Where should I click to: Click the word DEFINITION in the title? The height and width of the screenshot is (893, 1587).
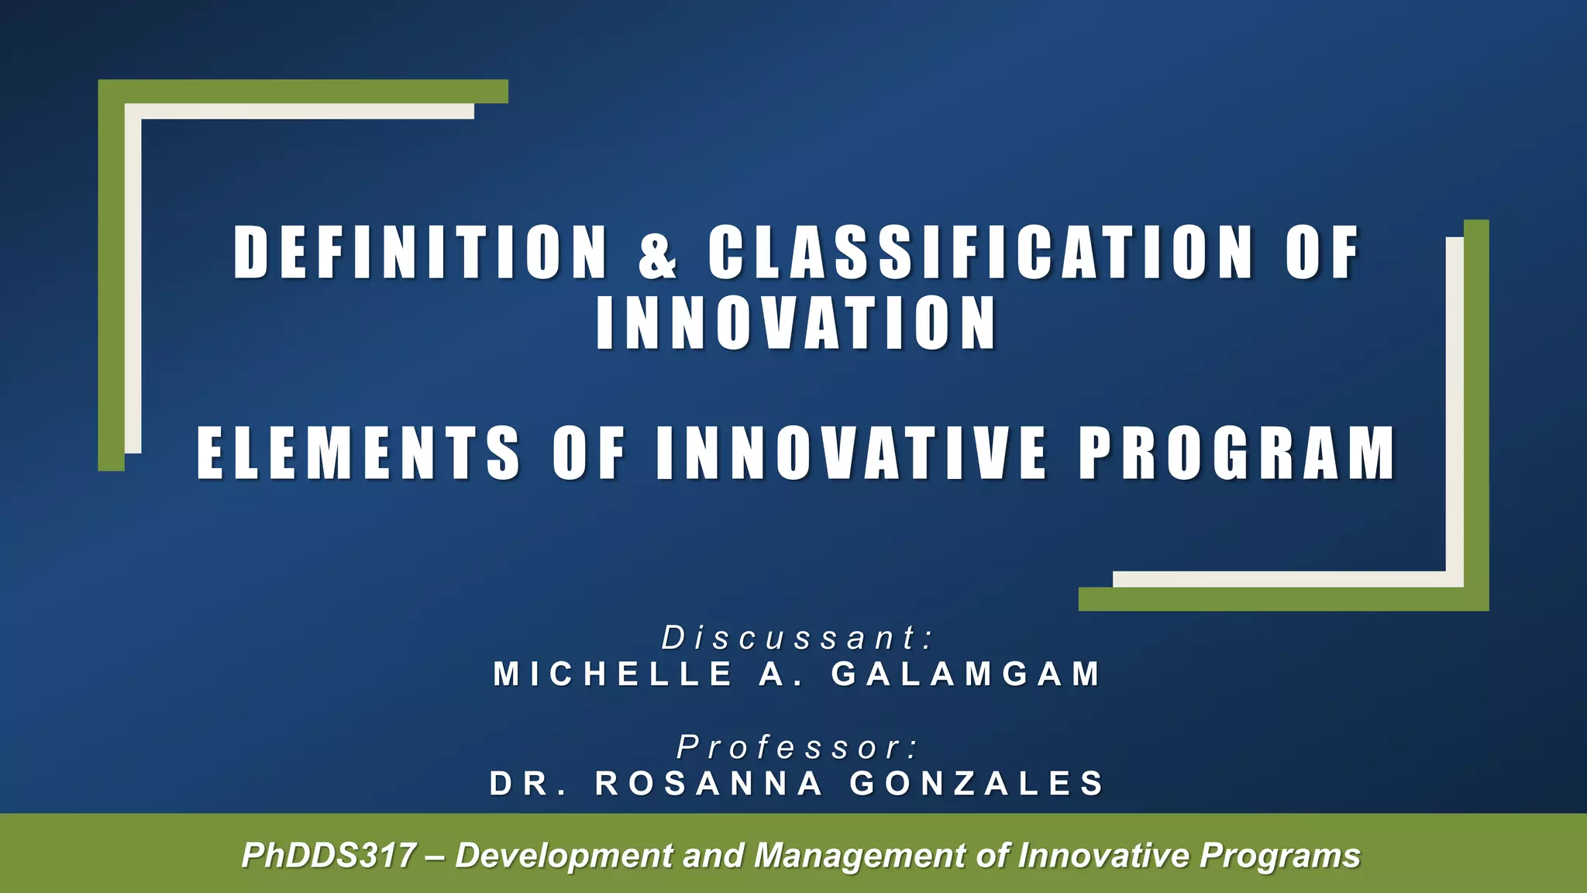click(x=420, y=252)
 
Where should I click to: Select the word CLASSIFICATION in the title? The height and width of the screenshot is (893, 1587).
click(x=979, y=252)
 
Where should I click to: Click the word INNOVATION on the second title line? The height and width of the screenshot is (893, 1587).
click(x=796, y=323)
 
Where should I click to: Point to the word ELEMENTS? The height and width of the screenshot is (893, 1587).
click(x=358, y=453)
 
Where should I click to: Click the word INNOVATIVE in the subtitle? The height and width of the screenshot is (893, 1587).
click(x=851, y=453)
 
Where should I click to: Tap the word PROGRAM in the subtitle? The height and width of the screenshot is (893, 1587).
click(x=1237, y=453)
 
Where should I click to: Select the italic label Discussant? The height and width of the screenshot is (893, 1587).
click(x=798, y=638)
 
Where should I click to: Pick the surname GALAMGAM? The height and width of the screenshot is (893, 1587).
click(x=966, y=674)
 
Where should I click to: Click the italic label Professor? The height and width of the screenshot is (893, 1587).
click(x=798, y=747)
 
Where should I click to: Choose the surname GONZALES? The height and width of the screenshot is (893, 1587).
click(x=977, y=783)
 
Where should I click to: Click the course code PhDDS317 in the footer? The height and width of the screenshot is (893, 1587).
click(x=329, y=856)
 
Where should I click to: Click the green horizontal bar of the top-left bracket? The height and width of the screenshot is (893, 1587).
click(x=310, y=91)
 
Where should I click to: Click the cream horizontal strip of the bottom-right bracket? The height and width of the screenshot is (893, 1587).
click(x=1279, y=579)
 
